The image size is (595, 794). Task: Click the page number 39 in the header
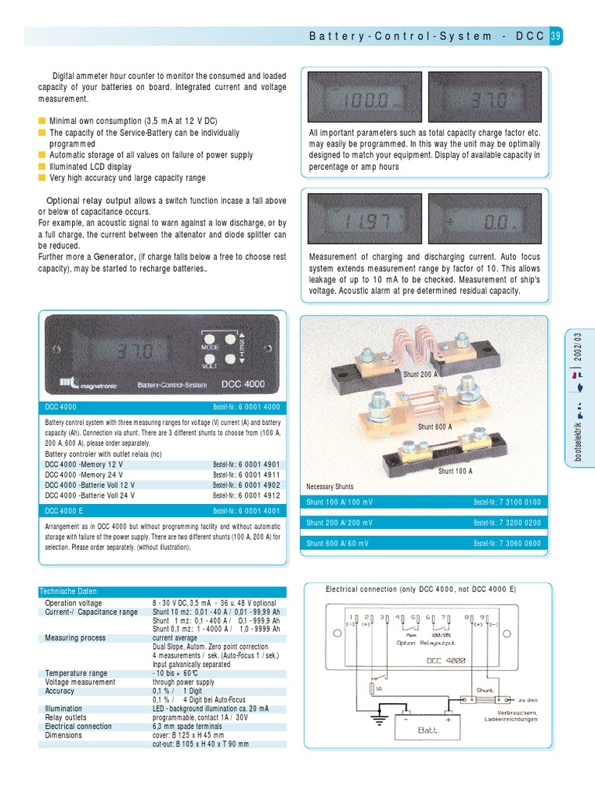pyautogui.click(x=556, y=36)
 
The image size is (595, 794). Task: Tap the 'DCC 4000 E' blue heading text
pyautogui.click(x=64, y=511)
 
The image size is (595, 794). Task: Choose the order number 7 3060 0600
pyautogui.click(x=507, y=544)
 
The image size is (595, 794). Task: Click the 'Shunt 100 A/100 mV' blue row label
pyautogui.click(x=339, y=502)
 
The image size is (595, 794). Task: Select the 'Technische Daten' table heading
pyautogui.click(x=68, y=592)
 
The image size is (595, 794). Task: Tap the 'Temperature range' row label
pyautogui.click(x=76, y=673)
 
